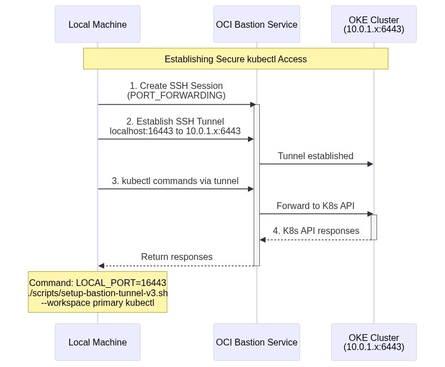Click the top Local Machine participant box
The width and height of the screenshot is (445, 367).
[x=97, y=24]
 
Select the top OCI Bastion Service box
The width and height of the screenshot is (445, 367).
[x=256, y=24]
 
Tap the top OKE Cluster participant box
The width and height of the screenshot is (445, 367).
[x=374, y=24]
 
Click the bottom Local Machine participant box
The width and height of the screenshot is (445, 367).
[x=97, y=342]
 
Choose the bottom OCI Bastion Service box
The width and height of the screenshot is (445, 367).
[x=256, y=342]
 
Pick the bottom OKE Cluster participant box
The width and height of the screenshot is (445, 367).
[x=374, y=342]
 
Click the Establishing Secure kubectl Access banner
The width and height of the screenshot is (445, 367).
[x=236, y=59]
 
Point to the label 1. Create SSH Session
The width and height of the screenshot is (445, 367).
[x=176, y=86]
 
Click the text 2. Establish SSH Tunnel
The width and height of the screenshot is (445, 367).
[x=175, y=121]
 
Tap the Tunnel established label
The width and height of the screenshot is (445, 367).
[x=315, y=156]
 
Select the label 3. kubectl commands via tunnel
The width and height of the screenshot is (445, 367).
[x=175, y=181]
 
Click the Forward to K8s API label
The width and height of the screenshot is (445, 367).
[x=315, y=206]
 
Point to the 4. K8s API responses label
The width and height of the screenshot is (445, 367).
[x=316, y=231]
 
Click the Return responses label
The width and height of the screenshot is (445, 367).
[x=177, y=257]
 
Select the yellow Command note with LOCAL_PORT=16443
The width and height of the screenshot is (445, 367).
[x=97, y=292]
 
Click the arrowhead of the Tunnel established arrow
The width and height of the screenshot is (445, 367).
[x=370, y=164]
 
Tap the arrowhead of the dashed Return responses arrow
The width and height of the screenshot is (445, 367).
[x=101, y=266]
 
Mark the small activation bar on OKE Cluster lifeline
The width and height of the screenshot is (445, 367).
[x=374, y=227]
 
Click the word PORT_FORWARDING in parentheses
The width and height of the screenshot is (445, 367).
[x=176, y=96]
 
